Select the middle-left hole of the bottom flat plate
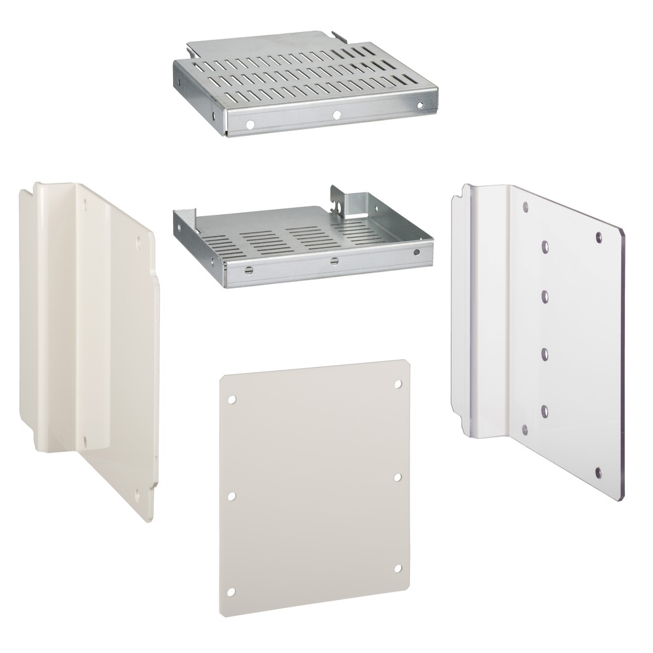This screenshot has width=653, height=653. coord(231,496)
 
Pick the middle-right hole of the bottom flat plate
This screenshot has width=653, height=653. coord(398,477)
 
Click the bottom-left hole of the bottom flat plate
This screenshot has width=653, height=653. coord(231,592)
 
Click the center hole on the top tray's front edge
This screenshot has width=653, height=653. coord(336,115)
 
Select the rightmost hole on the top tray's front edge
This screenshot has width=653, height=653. coord(420,105)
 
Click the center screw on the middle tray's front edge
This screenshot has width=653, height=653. coord(334,262)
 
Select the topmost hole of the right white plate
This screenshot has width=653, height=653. coord(526,207)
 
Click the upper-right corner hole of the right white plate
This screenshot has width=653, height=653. coord(599,236)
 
